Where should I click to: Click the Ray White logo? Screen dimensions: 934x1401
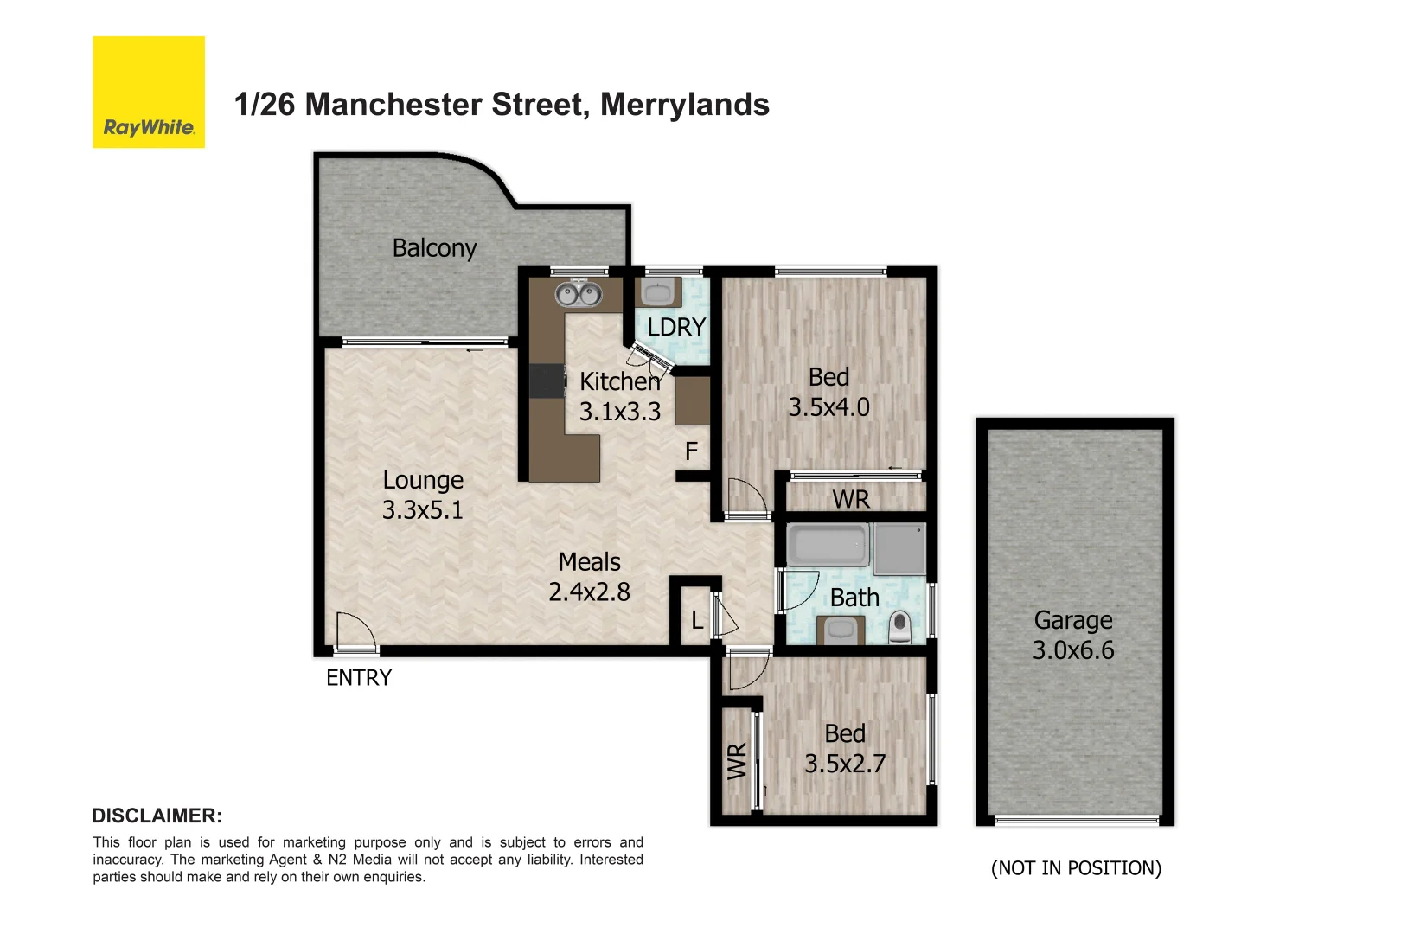pyautogui.click(x=149, y=93)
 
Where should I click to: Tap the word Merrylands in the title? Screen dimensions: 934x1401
pyautogui.click(x=684, y=105)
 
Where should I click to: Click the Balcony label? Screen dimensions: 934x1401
pyautogui.click(x=434, y=248)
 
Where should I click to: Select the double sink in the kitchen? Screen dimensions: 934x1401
pyautogui.click(x=579, y=294)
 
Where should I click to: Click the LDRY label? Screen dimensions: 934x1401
pyautogui.click(x=676, y=328)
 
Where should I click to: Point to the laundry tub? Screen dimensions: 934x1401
pyautogui.click(x=659, y=292)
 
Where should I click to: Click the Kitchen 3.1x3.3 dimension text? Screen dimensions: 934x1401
pyautogui.click(x=619, y=412)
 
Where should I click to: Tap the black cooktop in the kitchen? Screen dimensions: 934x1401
pyautogui.click(x=547, y=381)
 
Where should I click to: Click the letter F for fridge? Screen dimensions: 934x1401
pyautogui.click(x=691, y=451)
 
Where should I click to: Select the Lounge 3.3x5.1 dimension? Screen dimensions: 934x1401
pyautogui.click(x=423, y=510)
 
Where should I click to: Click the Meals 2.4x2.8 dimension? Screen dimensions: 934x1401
pyautogui.click(x=589, y=592)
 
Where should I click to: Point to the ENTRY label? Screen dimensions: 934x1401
pyautogui.click(x=359, y=678)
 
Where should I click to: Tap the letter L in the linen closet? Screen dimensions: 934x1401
pyautogui.click(x=697, y=620)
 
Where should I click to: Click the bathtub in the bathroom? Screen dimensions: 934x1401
pyautogui.click(x=827, y=545)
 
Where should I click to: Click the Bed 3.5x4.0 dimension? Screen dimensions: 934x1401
pyautogui.click(x=828, y=407)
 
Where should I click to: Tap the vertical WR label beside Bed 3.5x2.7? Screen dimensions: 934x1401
pyautogui.click(x=736, y=761)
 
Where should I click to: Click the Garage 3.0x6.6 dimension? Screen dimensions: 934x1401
pyautogui.click(x=1073, y=650)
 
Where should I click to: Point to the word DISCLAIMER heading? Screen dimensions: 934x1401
pyautogui.click(x=157, y=816)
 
